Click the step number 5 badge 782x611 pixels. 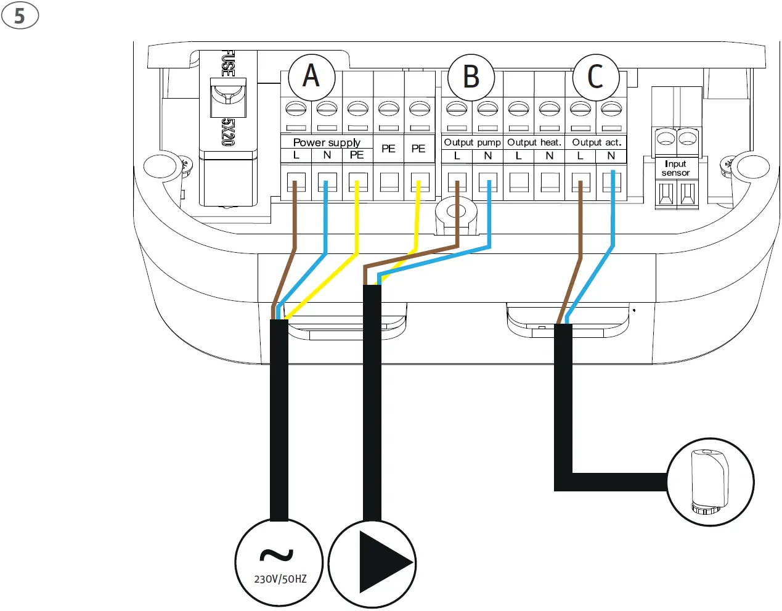click(x=20, y=15)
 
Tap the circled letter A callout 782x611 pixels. click(x=312, y=78)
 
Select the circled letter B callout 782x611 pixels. click(x=471, y=78)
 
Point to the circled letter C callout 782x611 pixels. click(x=595, y=78)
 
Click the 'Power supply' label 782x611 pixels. click(x=327, y=142)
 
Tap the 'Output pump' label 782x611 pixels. click(x=472, y=142)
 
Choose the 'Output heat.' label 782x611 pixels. click(x=534, y=142)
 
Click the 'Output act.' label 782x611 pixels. click(x=597, y=142)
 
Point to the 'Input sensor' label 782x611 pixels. click(x=675, y=168)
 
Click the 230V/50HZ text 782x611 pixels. click(x=280, y=580)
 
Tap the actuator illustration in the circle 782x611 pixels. click(x=710, y=482)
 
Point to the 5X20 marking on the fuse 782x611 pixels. click(x=228, y=132)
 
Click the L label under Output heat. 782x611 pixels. click(x=519, y=155)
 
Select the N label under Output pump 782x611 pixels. click(x=487, y=155)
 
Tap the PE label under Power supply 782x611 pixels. click(x=357, y=155)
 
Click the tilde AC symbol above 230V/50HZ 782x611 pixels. click(x=277, y=555)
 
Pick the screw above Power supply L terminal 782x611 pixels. click(x=296, y=109)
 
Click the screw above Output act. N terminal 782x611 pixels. click(x=611, y=109)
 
